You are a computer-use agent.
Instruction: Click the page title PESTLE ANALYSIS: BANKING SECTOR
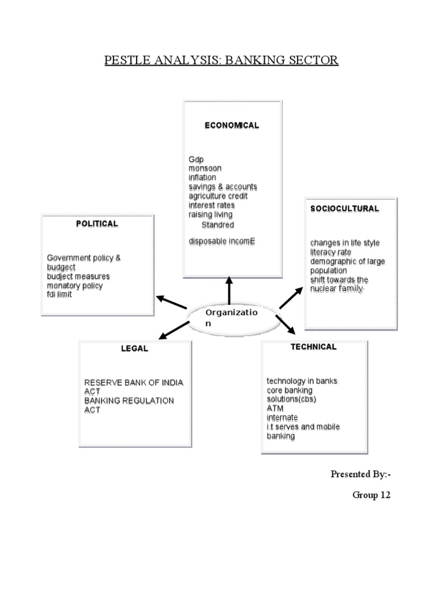[221, 60]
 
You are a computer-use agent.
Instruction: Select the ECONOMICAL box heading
[232, 126]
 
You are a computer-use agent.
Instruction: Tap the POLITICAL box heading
[97, 224]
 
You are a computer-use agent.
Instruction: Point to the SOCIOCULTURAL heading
[344, 209]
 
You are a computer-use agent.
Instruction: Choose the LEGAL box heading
[134, 349]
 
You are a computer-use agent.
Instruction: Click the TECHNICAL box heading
[313, 347]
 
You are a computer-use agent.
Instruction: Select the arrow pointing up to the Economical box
[230, 290]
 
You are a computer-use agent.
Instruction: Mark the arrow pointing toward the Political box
[171, 302]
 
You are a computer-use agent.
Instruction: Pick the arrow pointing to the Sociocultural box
[291, 298]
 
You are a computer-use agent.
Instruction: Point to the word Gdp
[196, 159]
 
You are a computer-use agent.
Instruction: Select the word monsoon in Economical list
[205, 168]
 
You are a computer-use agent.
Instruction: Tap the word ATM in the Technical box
[275, 408]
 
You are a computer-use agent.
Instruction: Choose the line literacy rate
[330, 252]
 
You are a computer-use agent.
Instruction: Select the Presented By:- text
[360, 474]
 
